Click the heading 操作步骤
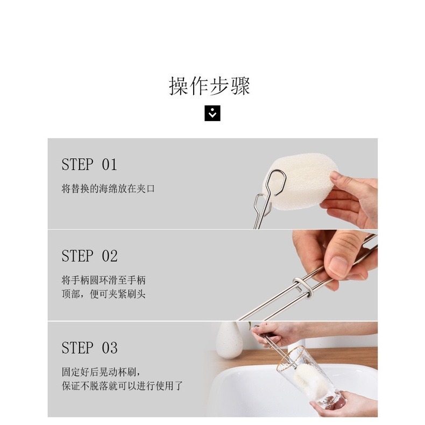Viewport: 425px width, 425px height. point(210,86)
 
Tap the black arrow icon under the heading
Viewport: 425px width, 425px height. point(212,114)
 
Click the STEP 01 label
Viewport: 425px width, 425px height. point(89,164)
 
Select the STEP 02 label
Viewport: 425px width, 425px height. point(89,256)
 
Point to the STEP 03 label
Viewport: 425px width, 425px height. point(89,348)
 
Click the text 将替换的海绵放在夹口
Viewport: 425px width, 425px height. point(108,189)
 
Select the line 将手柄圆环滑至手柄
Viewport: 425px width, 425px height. point(103,280)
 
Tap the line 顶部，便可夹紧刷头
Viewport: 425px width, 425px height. point(103,294)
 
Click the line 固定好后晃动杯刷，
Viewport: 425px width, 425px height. point(101,372)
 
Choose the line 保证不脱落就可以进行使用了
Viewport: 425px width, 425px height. point(122,386)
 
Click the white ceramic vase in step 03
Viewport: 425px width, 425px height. point(229,342)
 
